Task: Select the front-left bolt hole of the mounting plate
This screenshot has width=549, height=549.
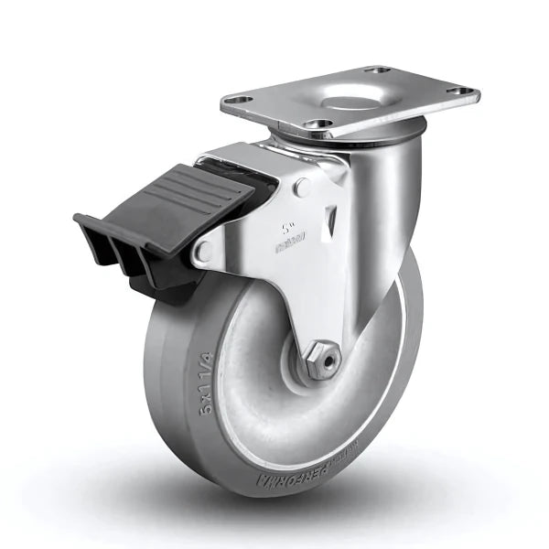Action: coord(240,101)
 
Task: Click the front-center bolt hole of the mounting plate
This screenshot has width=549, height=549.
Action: coord(318,124)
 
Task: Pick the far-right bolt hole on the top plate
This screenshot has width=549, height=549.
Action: coord(463,91)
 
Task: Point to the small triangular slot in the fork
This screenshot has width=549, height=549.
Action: coord(331,219)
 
